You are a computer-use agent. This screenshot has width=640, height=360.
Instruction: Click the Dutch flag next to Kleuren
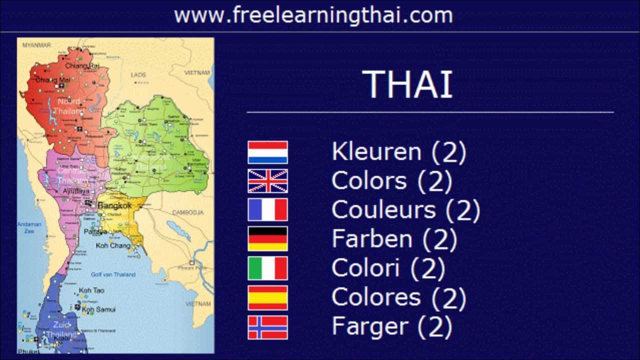pyautogui.click(x=267, y=152)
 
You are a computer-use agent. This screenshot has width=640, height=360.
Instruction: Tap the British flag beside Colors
pyautogui.click(x=267, y=181)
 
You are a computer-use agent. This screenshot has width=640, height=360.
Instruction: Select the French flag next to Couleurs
pyautogui.click(x=267, y=209)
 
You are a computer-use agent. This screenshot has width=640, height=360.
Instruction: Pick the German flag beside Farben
pyautogui.click(x=267, y=238)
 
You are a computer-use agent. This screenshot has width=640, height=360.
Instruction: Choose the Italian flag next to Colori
pyautogui.click(x=267, y=268)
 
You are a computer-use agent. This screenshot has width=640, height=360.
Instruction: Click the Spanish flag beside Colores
pyautogui.click(x=267, y=298)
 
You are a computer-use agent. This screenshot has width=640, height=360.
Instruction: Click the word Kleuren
pyautogui.click(x=376, y=152)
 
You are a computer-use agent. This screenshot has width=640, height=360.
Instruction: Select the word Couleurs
pyautogui.click(x=383, y=210)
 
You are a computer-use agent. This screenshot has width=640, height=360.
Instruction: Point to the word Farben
pyautogui.click(x=372, y=239)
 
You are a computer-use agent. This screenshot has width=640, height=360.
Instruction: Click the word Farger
pyautogui.click(x=370, y=327)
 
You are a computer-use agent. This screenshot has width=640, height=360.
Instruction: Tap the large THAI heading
pyautogui.click(x=407, y=84)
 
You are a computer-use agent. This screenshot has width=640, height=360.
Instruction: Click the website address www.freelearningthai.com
pyautogui.click(x=313, y=15)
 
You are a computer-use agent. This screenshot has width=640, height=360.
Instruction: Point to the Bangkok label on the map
pyautogui.click(x=114, y=205)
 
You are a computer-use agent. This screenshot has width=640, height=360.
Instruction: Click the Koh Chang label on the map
pyautogui.click(x=113, y=245)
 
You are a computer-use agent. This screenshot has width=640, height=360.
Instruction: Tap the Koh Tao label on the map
pyautogui.click(x=91, y=290)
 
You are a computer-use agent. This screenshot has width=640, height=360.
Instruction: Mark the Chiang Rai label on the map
pyautogui.click(x=82, y=65)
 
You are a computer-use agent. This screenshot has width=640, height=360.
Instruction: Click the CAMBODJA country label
pyautogui.click(x=187, y=212)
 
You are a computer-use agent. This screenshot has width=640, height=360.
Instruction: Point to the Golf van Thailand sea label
pyautogui.click(x=113, y=274)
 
